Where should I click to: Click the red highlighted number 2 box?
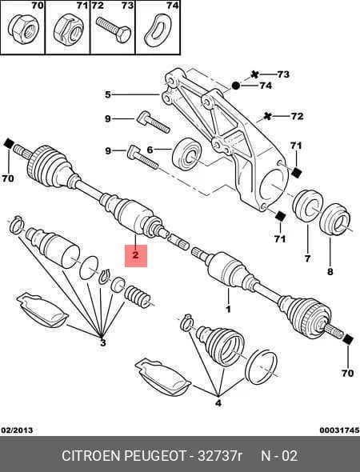pos(136,255)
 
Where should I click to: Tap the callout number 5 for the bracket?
pos(108,95)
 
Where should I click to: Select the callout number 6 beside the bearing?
pos(150,150)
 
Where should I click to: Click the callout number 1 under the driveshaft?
pos(228,309)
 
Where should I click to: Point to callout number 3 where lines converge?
pos(102,342)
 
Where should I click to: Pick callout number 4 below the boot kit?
pos(218,402)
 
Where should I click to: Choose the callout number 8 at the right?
pos(330,272)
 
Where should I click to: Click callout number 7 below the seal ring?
pos(307,258)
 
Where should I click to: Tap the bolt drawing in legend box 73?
pos(113,29)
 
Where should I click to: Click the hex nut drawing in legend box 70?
pos(23,30)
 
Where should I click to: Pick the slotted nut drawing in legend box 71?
pos(69,31)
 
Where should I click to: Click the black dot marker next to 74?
pos(236,86)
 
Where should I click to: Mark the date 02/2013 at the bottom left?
pos(17,430)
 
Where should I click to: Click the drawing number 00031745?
pos(339,430)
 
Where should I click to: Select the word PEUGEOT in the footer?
pos(155,456)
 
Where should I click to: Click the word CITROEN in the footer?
pos(91,456)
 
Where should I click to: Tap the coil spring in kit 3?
pos(137,298)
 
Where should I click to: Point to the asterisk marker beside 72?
pos(267,115)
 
